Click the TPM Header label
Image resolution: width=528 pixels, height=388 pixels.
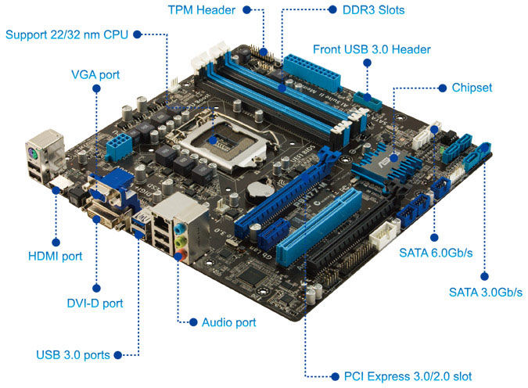coord(201,10)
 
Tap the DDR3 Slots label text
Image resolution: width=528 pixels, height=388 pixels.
coord(373,10)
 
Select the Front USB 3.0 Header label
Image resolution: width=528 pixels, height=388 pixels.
coord(372,49)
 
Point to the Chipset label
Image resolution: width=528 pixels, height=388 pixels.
coord(472,88)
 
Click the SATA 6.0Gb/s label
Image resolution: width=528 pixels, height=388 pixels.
coord(436,253)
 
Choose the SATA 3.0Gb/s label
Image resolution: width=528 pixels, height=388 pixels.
coord(486,292)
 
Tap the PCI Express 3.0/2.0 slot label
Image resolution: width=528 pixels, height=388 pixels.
coord(408,376)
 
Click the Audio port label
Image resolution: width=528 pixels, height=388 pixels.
coord(229,322)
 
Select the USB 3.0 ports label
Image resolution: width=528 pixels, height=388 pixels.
coord(73,355)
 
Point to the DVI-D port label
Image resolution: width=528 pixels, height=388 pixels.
coord(95,304)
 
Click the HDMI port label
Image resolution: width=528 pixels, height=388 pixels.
coord(56,256)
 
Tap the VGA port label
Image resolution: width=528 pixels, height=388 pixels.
coord(95,74)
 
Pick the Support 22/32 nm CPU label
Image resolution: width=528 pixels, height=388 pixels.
coord(67,34)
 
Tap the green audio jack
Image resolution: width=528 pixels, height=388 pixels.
coord(181,241)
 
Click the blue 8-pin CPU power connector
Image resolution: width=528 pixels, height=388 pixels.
coord(118,146)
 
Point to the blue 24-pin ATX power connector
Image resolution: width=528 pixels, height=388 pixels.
coord(311,73)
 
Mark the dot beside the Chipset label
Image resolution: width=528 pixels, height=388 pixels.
coord(443,88)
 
